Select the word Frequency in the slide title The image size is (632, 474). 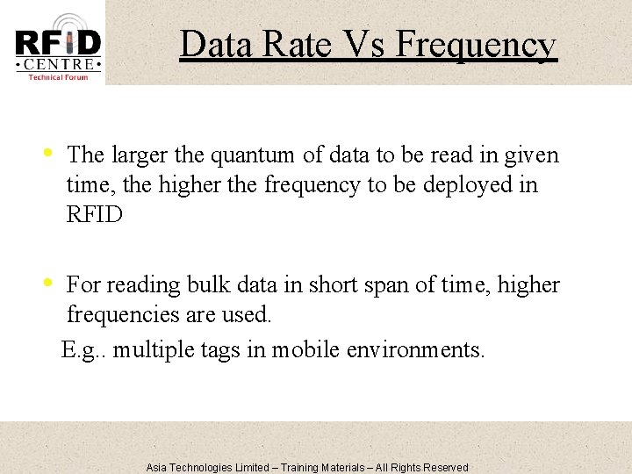click(x=475, y=44)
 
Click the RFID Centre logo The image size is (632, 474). click(x=58, y=44)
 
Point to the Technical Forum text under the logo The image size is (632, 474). click(x=58, y=77)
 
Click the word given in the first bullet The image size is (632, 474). click(x=528, y=155)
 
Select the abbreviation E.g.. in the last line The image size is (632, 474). click(x=85, y=350)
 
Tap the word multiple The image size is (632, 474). click(x=156, y=350)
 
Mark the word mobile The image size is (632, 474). click(x=305, y=350)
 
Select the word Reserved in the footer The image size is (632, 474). click(x=446, y=467)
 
